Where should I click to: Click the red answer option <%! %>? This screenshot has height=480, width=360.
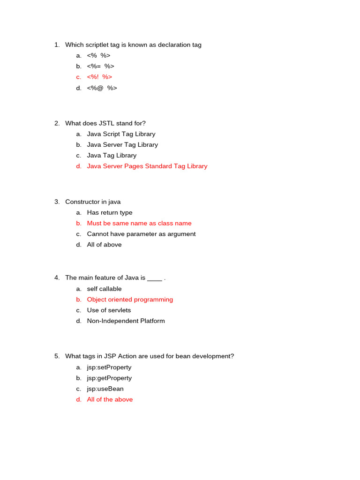99,77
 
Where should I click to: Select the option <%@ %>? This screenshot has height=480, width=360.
102,88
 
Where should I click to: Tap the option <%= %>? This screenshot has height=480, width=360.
100,66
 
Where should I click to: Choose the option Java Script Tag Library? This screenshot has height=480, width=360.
121,134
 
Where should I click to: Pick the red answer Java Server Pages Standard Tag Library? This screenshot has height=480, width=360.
147,166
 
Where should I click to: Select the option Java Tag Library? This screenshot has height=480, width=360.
112,155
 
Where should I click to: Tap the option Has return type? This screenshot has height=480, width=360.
110,213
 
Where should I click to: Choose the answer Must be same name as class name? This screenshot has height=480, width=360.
139,224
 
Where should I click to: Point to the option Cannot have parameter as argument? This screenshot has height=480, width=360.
141,234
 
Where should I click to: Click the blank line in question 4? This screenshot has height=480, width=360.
155,278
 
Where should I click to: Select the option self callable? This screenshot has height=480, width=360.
104,289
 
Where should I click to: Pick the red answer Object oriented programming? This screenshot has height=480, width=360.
130,300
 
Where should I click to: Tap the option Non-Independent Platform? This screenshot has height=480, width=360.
126,321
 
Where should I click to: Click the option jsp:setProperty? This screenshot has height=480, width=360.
109,367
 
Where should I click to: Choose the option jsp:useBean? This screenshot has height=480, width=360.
105,389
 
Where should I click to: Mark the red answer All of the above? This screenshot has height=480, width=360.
110,399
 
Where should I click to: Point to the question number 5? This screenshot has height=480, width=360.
57,356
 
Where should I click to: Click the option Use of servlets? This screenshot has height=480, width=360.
109,310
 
